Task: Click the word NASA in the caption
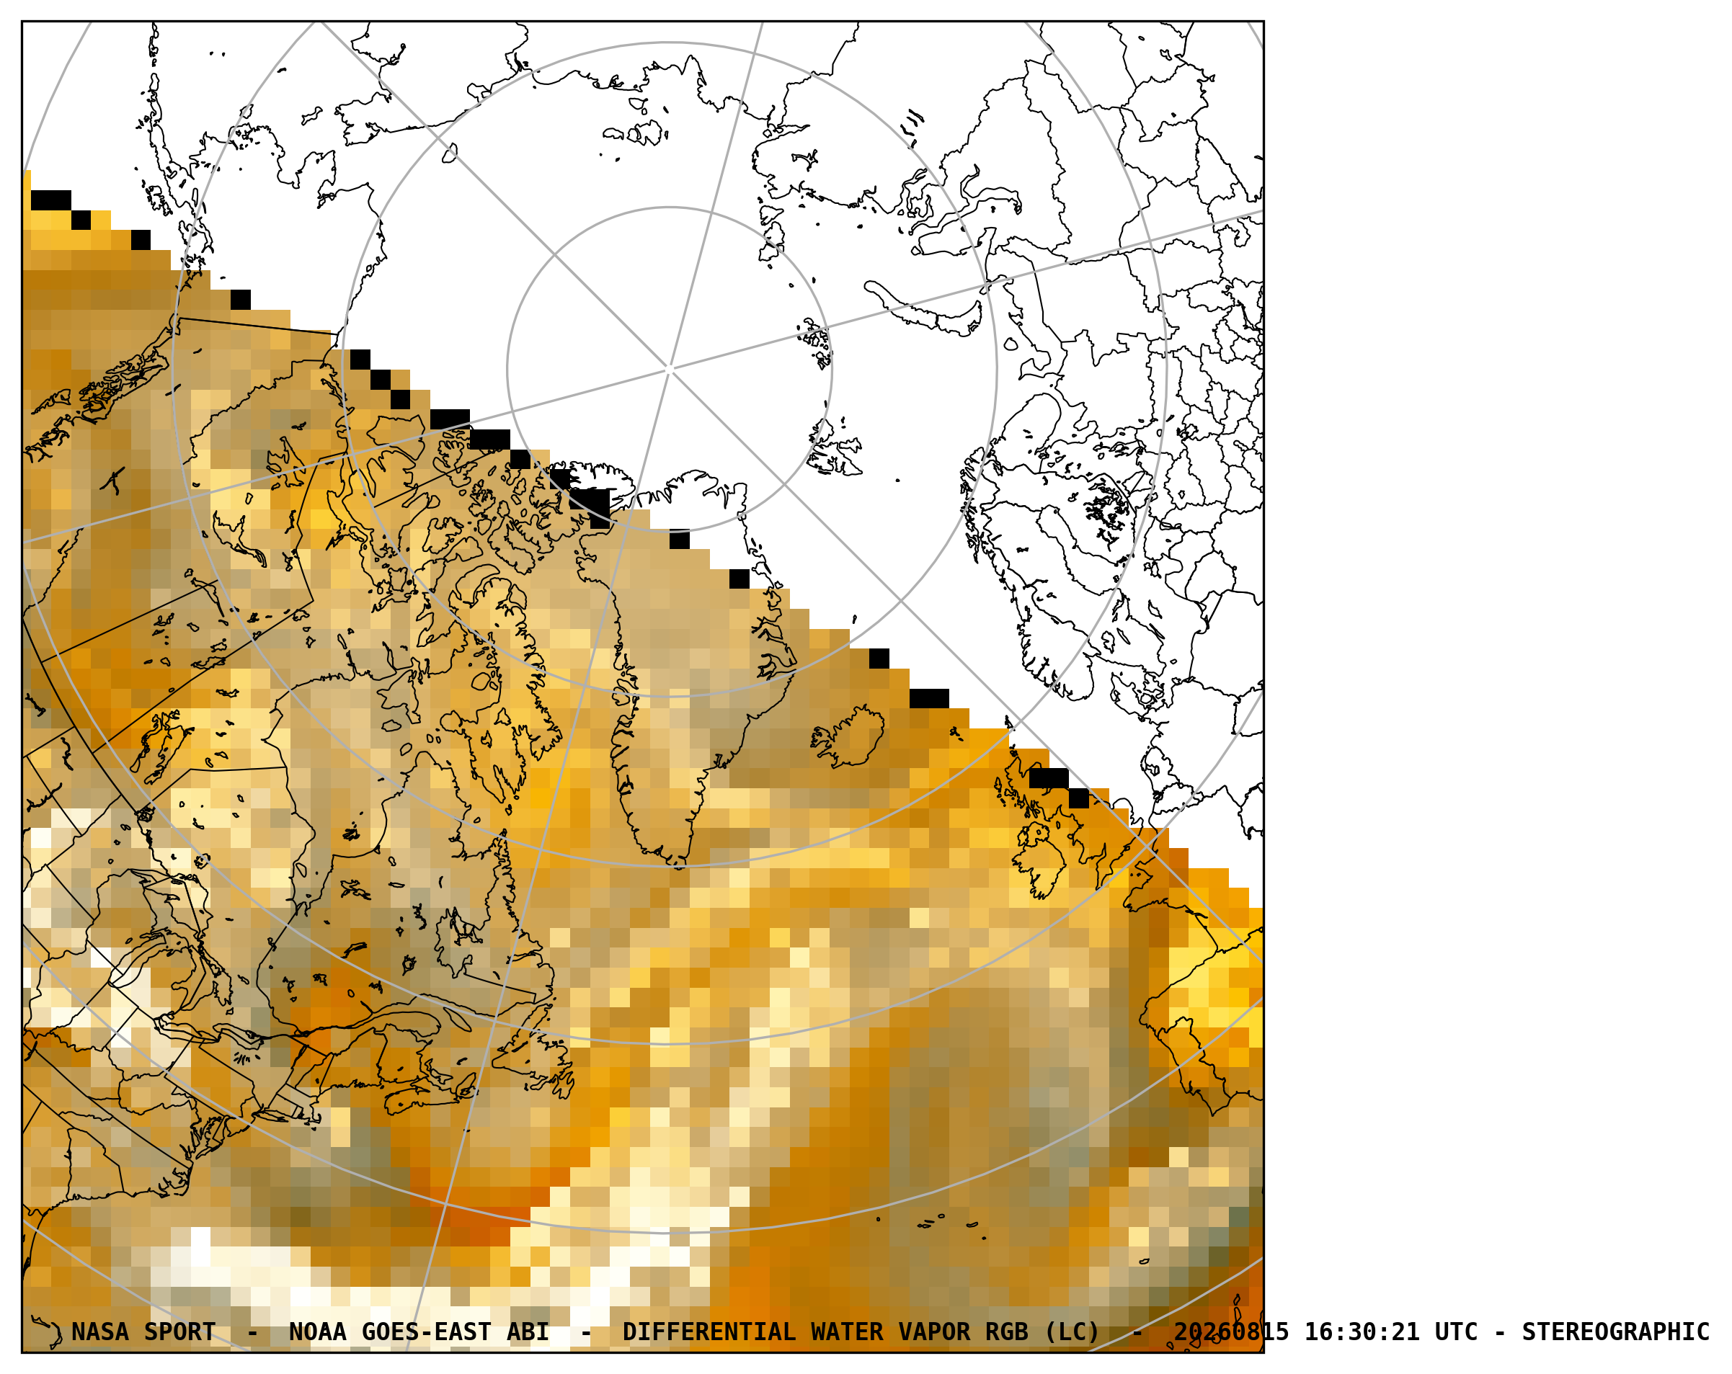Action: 99,1332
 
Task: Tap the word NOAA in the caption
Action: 317,1332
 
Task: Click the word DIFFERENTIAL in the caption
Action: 709,1332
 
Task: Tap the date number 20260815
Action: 1232,1332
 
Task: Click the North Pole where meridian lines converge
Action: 669,370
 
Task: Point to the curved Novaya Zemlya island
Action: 924,310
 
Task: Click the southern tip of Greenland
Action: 680,865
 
